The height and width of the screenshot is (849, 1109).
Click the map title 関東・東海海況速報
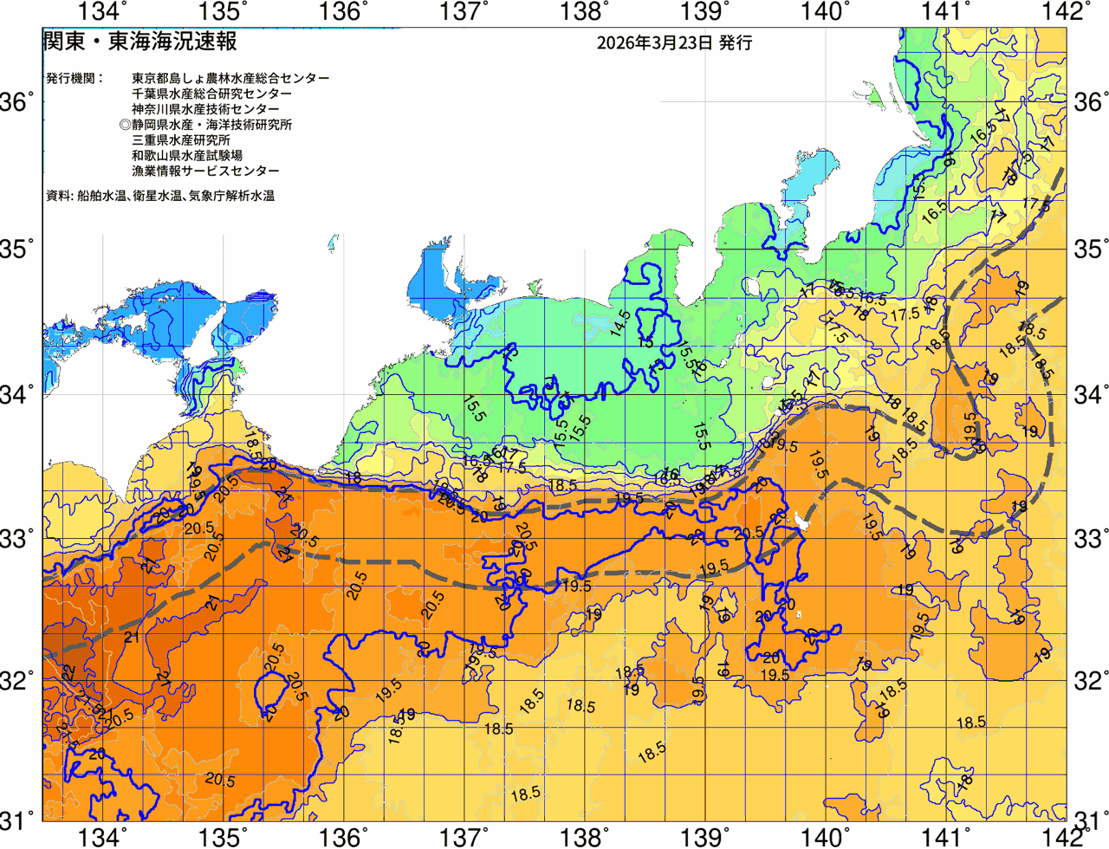139,42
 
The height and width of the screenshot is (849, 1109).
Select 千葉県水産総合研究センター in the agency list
211,94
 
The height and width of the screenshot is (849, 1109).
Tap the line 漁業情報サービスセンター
205,172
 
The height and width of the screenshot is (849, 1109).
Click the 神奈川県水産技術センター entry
205,109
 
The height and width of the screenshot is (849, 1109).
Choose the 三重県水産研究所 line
181,140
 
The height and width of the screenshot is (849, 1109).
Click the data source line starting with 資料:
160,197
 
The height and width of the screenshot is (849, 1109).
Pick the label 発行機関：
75,78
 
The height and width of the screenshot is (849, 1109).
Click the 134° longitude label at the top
102,11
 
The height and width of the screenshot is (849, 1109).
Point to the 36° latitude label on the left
17,102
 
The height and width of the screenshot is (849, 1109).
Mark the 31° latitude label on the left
17,818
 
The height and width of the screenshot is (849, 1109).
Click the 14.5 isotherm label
619,322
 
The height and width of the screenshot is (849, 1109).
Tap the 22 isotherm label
68,672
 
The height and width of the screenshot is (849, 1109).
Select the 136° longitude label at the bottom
342,838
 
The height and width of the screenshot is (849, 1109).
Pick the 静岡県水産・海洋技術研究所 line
206,125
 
